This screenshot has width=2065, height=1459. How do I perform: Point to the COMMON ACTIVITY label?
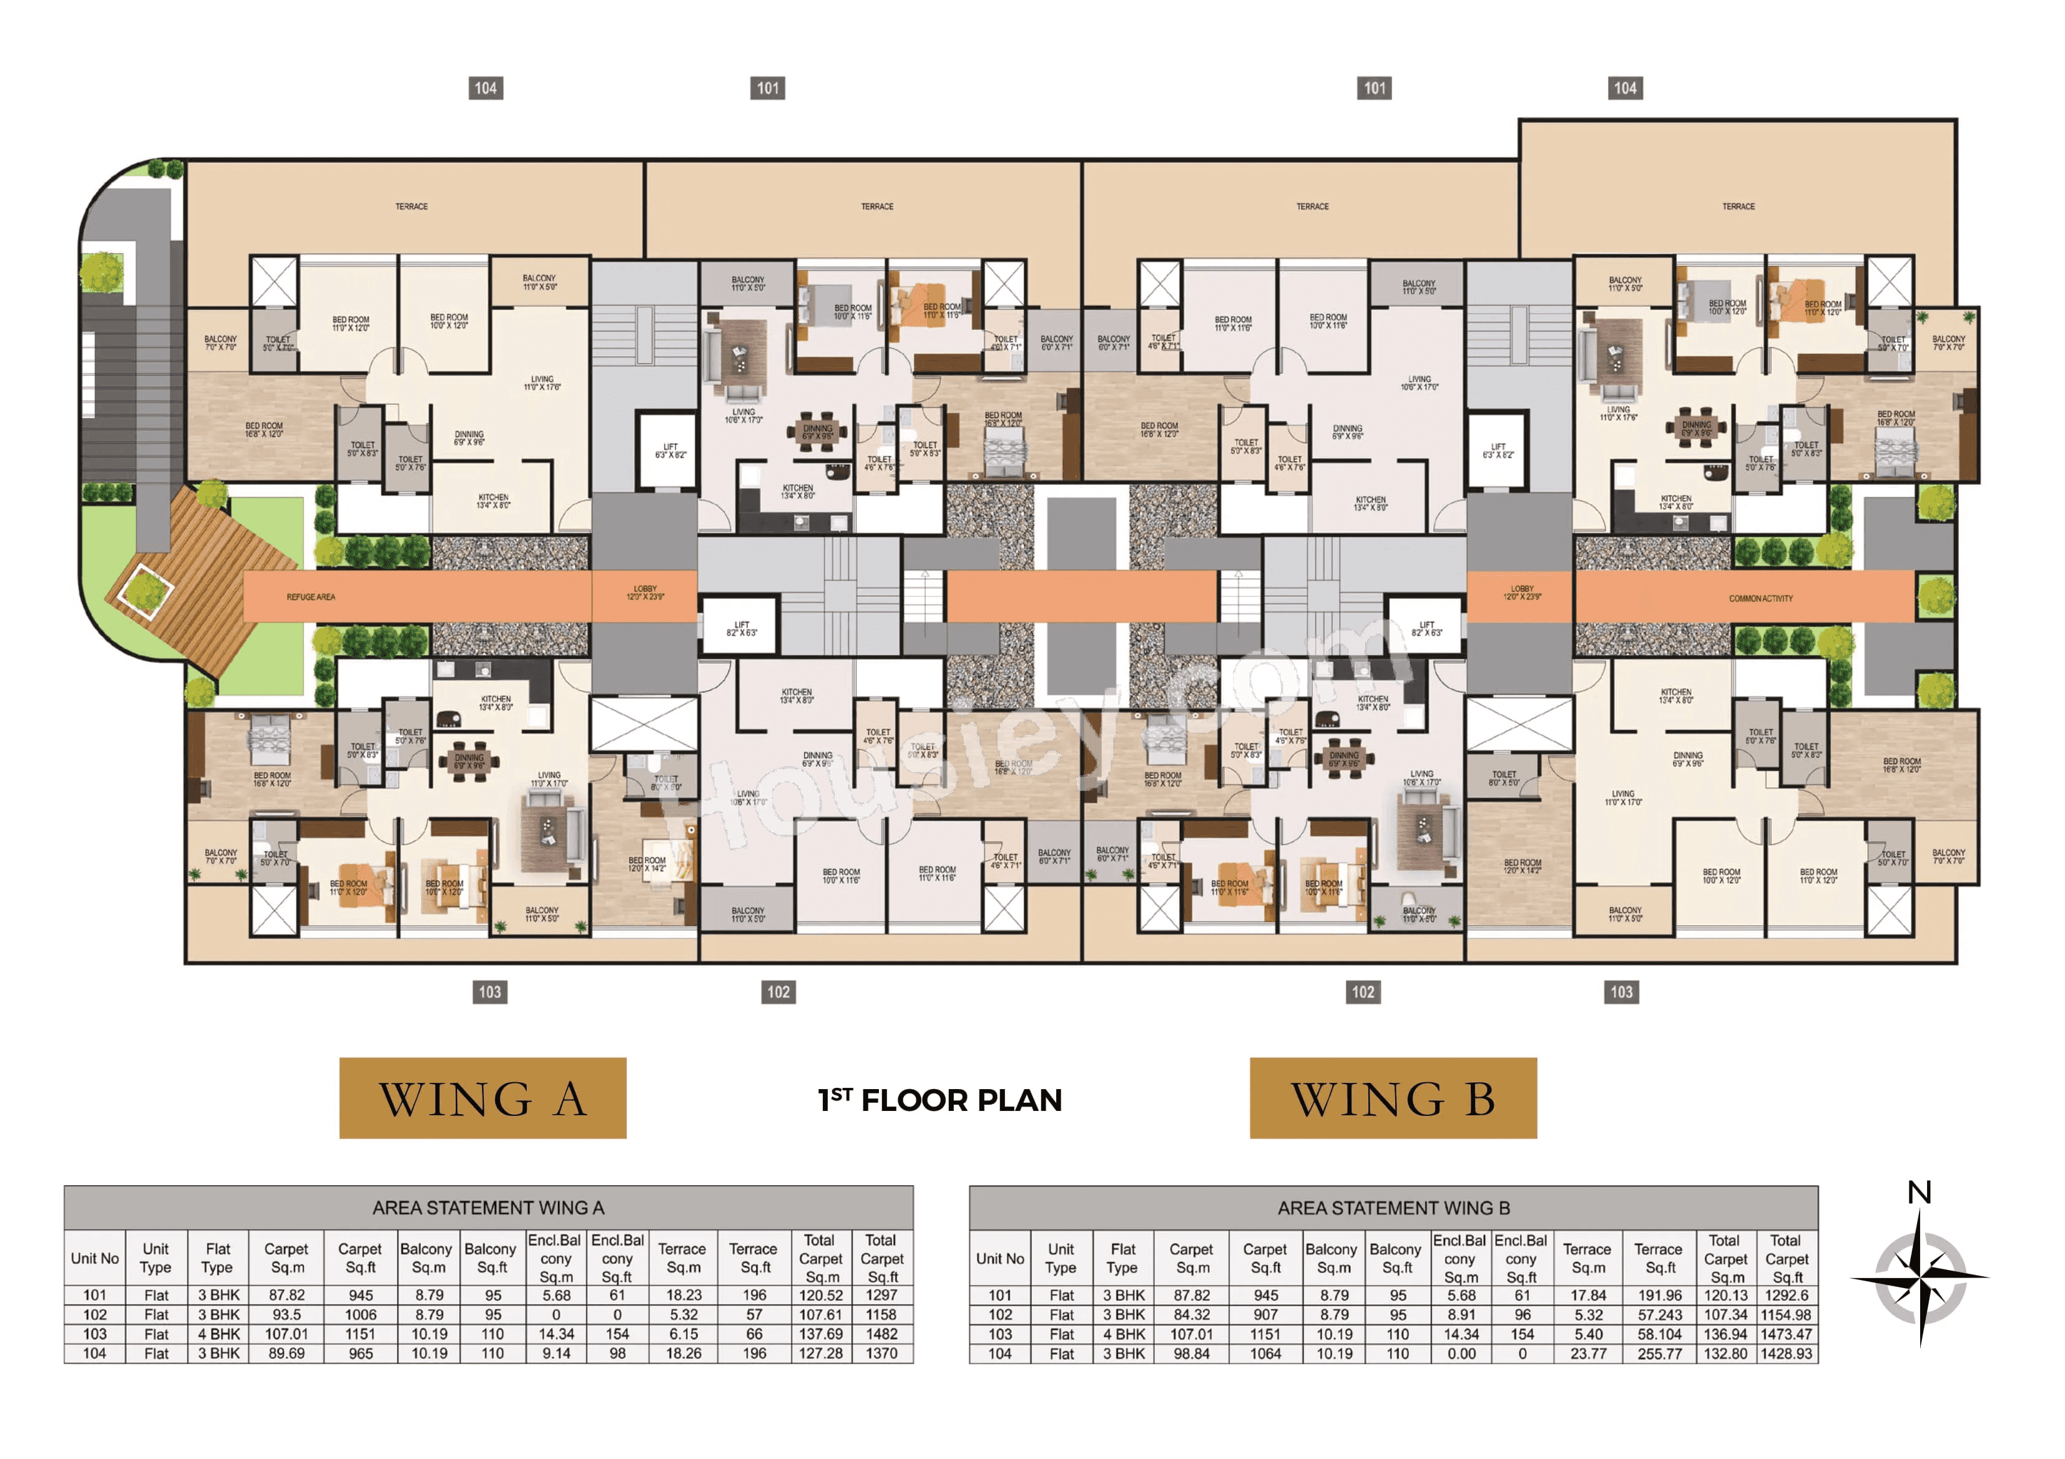pyautogui.click(x=1760, y=598)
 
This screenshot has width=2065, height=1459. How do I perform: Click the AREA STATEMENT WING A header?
pyautogui.click(x=488, y=1207)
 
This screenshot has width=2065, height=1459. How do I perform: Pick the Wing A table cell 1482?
pyautogui.click(x=881, y=1334)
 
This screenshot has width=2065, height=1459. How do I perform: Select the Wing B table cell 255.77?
pyautogui.click(x=1659, y=1353)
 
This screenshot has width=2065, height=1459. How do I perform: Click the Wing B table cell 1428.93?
pyautogui.click(x=1786, y=1353)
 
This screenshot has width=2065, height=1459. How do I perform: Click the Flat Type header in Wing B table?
pyautogui.click(x=1122, y=1258)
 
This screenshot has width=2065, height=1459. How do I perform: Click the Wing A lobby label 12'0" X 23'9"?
pyautogui.click(x=645, y=593)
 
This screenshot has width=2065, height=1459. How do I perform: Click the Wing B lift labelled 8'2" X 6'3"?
pyautogui.click(x=1426, y=628)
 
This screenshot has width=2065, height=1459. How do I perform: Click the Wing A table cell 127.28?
pyautogui.click(x=820, y=1353)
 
